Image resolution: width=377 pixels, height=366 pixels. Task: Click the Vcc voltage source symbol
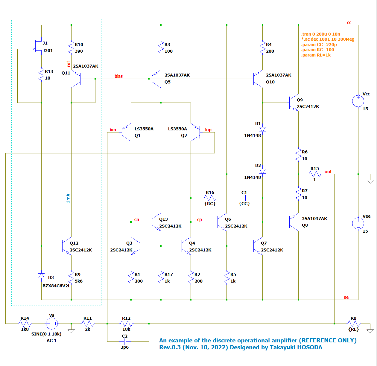[x=358, y=101]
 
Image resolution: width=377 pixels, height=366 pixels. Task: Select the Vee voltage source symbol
[x=358, y=223]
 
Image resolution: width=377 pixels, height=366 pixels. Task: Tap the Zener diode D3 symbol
[x=41, y=275]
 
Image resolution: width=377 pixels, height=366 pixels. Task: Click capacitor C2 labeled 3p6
[x=125, y=341]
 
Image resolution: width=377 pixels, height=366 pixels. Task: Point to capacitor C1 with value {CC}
[x=244, y=198]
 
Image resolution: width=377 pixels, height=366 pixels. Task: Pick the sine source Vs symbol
[x=51, y=324]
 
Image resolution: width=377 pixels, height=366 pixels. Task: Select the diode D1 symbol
[x=262, y=129]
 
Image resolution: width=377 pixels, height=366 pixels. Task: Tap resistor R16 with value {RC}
[x=210, y=198]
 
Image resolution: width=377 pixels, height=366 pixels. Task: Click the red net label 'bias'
[x=118, y=76]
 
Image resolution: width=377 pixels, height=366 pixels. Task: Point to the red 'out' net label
[x=328, y=172]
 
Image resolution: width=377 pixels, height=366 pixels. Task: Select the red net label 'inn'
[x=113, y=130]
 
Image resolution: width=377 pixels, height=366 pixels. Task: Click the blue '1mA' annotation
[x=68, y=198]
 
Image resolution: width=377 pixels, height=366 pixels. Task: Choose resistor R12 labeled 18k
[x=126, y=324]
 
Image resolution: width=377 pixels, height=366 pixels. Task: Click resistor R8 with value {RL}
[x=354, y=324]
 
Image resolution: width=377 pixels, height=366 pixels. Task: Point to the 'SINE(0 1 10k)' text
[x=46, y=334]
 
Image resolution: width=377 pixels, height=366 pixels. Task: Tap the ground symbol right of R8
[x=370, y=331]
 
